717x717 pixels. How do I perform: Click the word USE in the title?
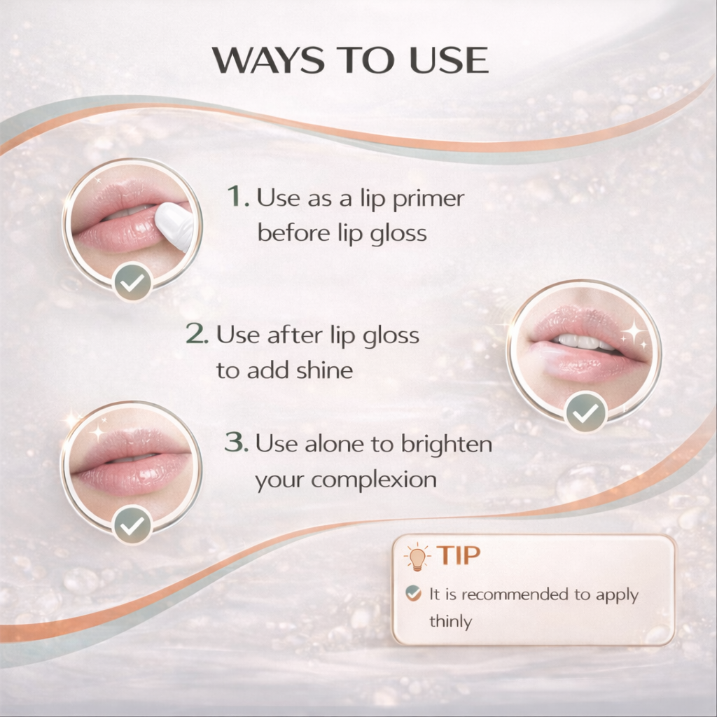[448, 62]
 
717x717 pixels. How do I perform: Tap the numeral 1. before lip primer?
[238, 198]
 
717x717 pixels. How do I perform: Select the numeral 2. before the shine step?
[197, 335]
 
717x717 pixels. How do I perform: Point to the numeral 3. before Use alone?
[236, 443]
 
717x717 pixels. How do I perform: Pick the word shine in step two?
[322, 370]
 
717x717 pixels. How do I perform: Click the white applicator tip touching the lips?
[174, 225]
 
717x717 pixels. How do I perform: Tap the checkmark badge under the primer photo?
[132, 283]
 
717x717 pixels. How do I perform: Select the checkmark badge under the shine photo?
[585, 412]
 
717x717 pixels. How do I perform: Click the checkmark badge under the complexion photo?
[132, 524]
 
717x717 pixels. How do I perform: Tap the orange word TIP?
[459, 556]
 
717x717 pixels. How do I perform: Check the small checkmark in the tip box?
[414, 594]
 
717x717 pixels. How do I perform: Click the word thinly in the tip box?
[450, 621]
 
